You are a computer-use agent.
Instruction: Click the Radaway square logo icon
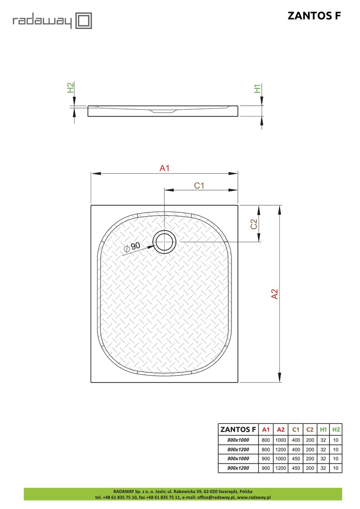coord(84,21)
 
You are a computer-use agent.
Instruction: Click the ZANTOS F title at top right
coord(314,16)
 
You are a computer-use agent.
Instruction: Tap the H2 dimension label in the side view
coord(70,88)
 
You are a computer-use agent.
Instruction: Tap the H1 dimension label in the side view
coord(258,88)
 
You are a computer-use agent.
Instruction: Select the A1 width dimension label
coord(165,168)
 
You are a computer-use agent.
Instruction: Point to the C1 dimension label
coord(199,185)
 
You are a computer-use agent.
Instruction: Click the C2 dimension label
coord(254,224)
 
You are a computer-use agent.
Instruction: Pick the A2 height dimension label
coord(274,293)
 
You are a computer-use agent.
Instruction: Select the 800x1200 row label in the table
coord(238,449)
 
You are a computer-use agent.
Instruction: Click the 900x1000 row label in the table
coord(238,459)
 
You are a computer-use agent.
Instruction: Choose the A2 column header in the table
coord(281,429)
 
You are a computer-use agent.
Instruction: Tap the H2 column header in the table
coord(336,429)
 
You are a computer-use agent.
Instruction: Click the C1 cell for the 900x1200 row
coord(296,468)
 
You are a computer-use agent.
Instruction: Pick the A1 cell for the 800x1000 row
coord(266,440)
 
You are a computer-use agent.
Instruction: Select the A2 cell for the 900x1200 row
coord(281,468)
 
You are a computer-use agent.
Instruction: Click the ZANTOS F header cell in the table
coord(238,429)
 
